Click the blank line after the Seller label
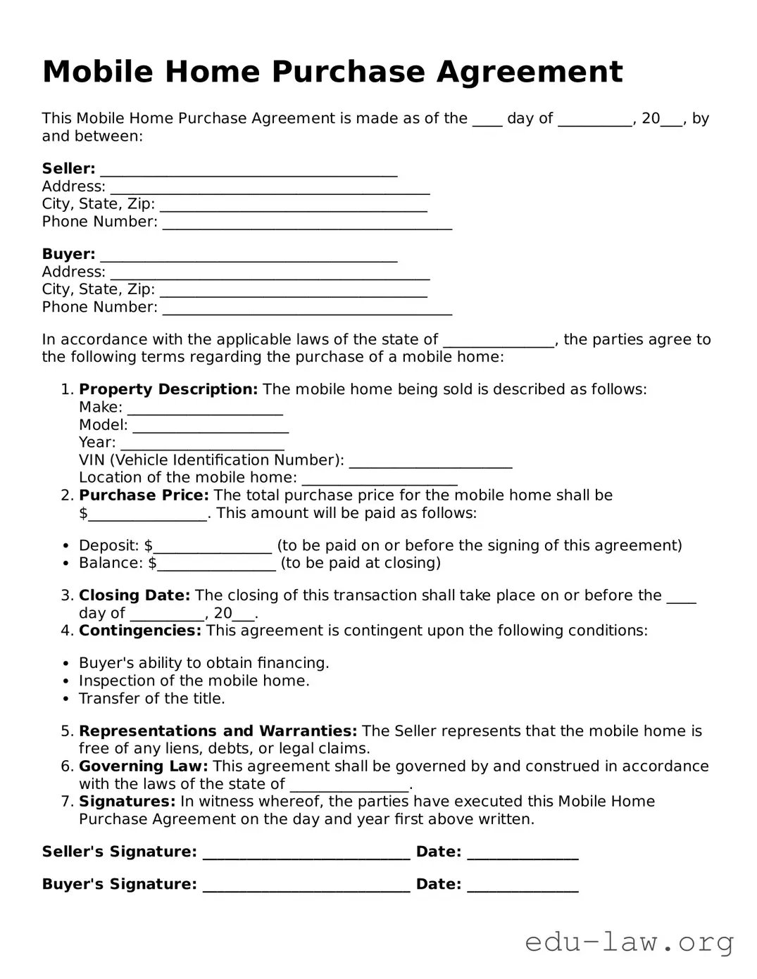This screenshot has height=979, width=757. pos(249,170)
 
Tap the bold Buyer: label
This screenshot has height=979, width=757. pos(68,254)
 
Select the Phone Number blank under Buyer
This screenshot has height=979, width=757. pos(307,309)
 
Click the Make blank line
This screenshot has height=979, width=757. pos(205,409)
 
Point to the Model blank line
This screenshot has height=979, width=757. pos(211,427)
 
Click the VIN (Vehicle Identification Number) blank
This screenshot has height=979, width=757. pos(430,462)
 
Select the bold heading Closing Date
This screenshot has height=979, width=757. pos(134,595)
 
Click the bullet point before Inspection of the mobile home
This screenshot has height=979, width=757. pos(65,681)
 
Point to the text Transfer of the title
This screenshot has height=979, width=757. pos(151,699)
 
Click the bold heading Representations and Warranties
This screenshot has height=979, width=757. pos(218,731)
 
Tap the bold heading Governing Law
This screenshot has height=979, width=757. pos(143,766)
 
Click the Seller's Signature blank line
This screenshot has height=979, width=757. pos(306,854)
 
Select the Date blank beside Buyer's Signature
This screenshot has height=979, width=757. pos(523,886)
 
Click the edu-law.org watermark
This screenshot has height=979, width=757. pos(630,942)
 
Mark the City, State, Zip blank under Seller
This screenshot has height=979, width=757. pos(294,206)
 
